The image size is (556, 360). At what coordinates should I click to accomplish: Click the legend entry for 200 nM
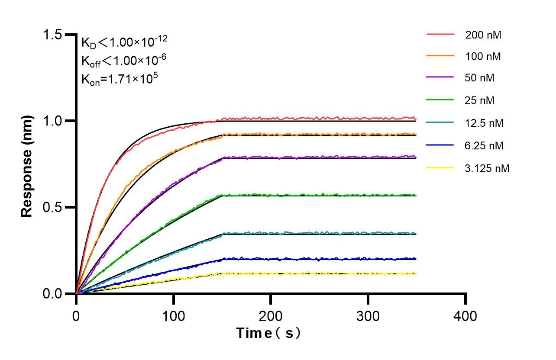click(x=483, y=35)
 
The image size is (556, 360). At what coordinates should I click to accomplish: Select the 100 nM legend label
click(x=483, y=57)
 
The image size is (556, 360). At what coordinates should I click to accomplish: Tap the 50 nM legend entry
click(x=480, y=78)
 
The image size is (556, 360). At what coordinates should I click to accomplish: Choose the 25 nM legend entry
click(x=480, y=101)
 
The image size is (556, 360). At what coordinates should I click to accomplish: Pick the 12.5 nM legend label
click(x=484, y=123)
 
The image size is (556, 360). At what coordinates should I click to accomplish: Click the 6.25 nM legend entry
click(x=484, y=146)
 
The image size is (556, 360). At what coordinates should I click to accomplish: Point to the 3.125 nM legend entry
click(x=487, y=168)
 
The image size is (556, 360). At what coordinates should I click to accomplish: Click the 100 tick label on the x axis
click(x=173, y=316)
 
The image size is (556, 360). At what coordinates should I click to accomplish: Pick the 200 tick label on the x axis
click(x=271, y=316)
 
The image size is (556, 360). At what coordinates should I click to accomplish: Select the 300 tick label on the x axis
click(x=368, y=316)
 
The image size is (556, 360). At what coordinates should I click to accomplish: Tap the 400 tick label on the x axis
click(x=465, y=316)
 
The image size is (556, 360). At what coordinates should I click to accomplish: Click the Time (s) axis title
click(x=268, y=334)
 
